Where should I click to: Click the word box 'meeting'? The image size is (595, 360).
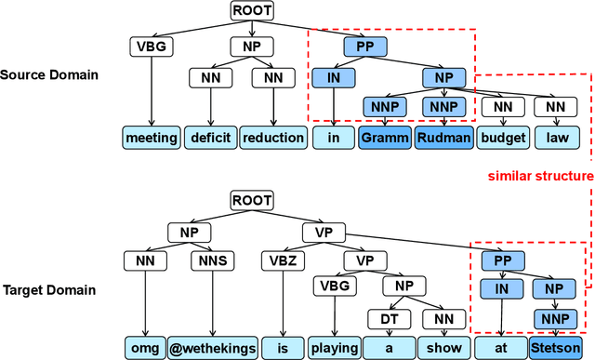[x=151, y=138]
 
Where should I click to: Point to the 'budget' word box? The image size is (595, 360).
[x=503, y=138]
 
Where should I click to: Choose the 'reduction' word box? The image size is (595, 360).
[x=272, y=138]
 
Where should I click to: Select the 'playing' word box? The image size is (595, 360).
[x=335, y=348]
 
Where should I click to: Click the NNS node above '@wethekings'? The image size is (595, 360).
[x=208, y=260]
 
